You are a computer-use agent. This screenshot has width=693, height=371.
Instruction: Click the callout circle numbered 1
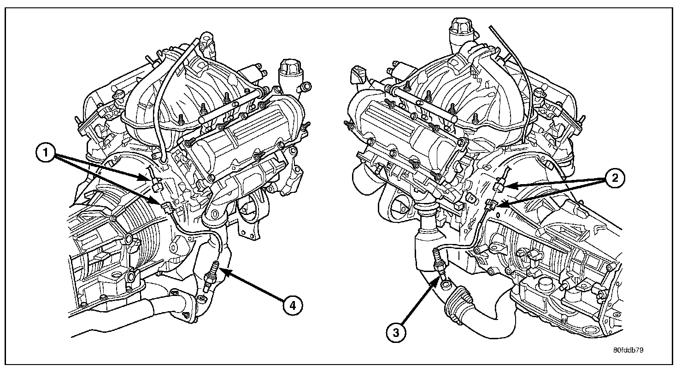tap(46, 153)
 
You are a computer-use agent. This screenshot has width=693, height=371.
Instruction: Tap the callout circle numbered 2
tap(615, 178)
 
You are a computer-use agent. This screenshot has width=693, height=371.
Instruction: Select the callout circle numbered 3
tap(396, 333)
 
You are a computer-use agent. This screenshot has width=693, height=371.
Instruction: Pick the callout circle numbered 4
tap(292, 306)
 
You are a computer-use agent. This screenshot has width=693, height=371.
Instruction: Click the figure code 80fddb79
tap(628, 350)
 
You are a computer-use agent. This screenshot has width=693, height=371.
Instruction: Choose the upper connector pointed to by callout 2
tap(499, 186)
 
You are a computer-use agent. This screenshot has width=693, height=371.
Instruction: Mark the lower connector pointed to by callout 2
tap(491, 204)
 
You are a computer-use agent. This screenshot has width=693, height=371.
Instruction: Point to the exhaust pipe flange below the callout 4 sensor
tap(186, 307)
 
